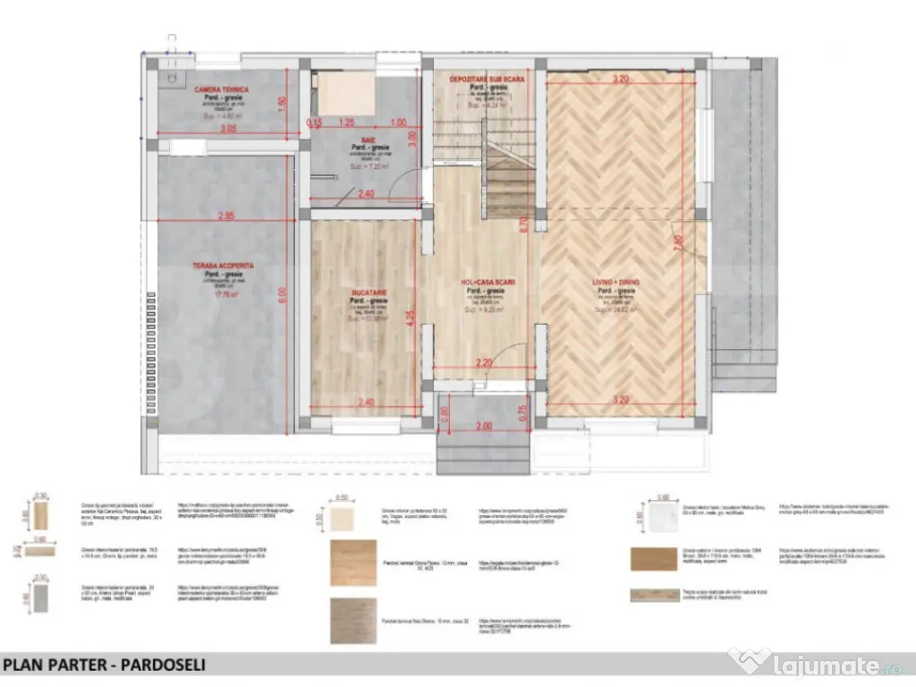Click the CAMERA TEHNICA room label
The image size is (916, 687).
pyautogui.click(x=222, y=90)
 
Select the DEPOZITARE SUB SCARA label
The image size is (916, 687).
pyautogui.click(x=486, y=80)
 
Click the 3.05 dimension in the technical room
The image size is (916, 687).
pyautogui.click(x=228, y=129)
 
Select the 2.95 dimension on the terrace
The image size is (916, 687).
pyautogui.click(x=225, y=216)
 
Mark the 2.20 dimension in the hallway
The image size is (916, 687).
pyautogui.click(x=484, y=362)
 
